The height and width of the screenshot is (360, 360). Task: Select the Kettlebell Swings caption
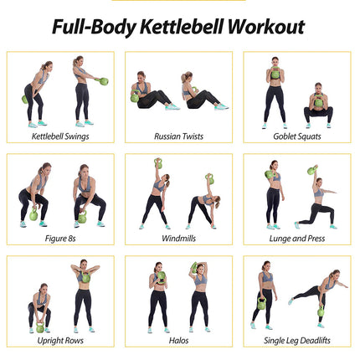coord(60,136)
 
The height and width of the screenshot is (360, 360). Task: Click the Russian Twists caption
coord(179,136)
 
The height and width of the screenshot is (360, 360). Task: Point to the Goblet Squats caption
coord(296,136)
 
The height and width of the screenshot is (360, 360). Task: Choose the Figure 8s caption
coord(60,238)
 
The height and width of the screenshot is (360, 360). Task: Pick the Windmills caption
coord(179,238)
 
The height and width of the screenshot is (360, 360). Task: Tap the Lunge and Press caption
coord(296,238)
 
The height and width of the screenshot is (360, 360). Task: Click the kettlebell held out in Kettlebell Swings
coord(104,81)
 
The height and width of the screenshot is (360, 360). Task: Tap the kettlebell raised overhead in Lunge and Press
coord(311,170)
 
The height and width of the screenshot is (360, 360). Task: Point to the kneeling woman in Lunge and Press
coord(316,201)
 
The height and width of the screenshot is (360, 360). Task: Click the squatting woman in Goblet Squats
coord(318,106)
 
